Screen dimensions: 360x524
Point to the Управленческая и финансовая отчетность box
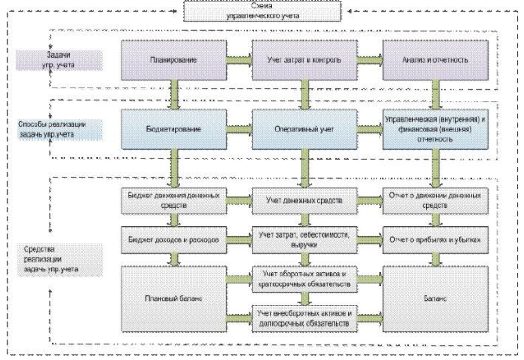[435, 130]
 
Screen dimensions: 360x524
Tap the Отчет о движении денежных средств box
[435, 201]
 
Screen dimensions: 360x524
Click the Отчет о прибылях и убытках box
[435, 240]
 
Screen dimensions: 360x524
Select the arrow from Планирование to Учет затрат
[238, 59]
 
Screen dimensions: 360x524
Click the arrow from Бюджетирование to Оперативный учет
[238, 130]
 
